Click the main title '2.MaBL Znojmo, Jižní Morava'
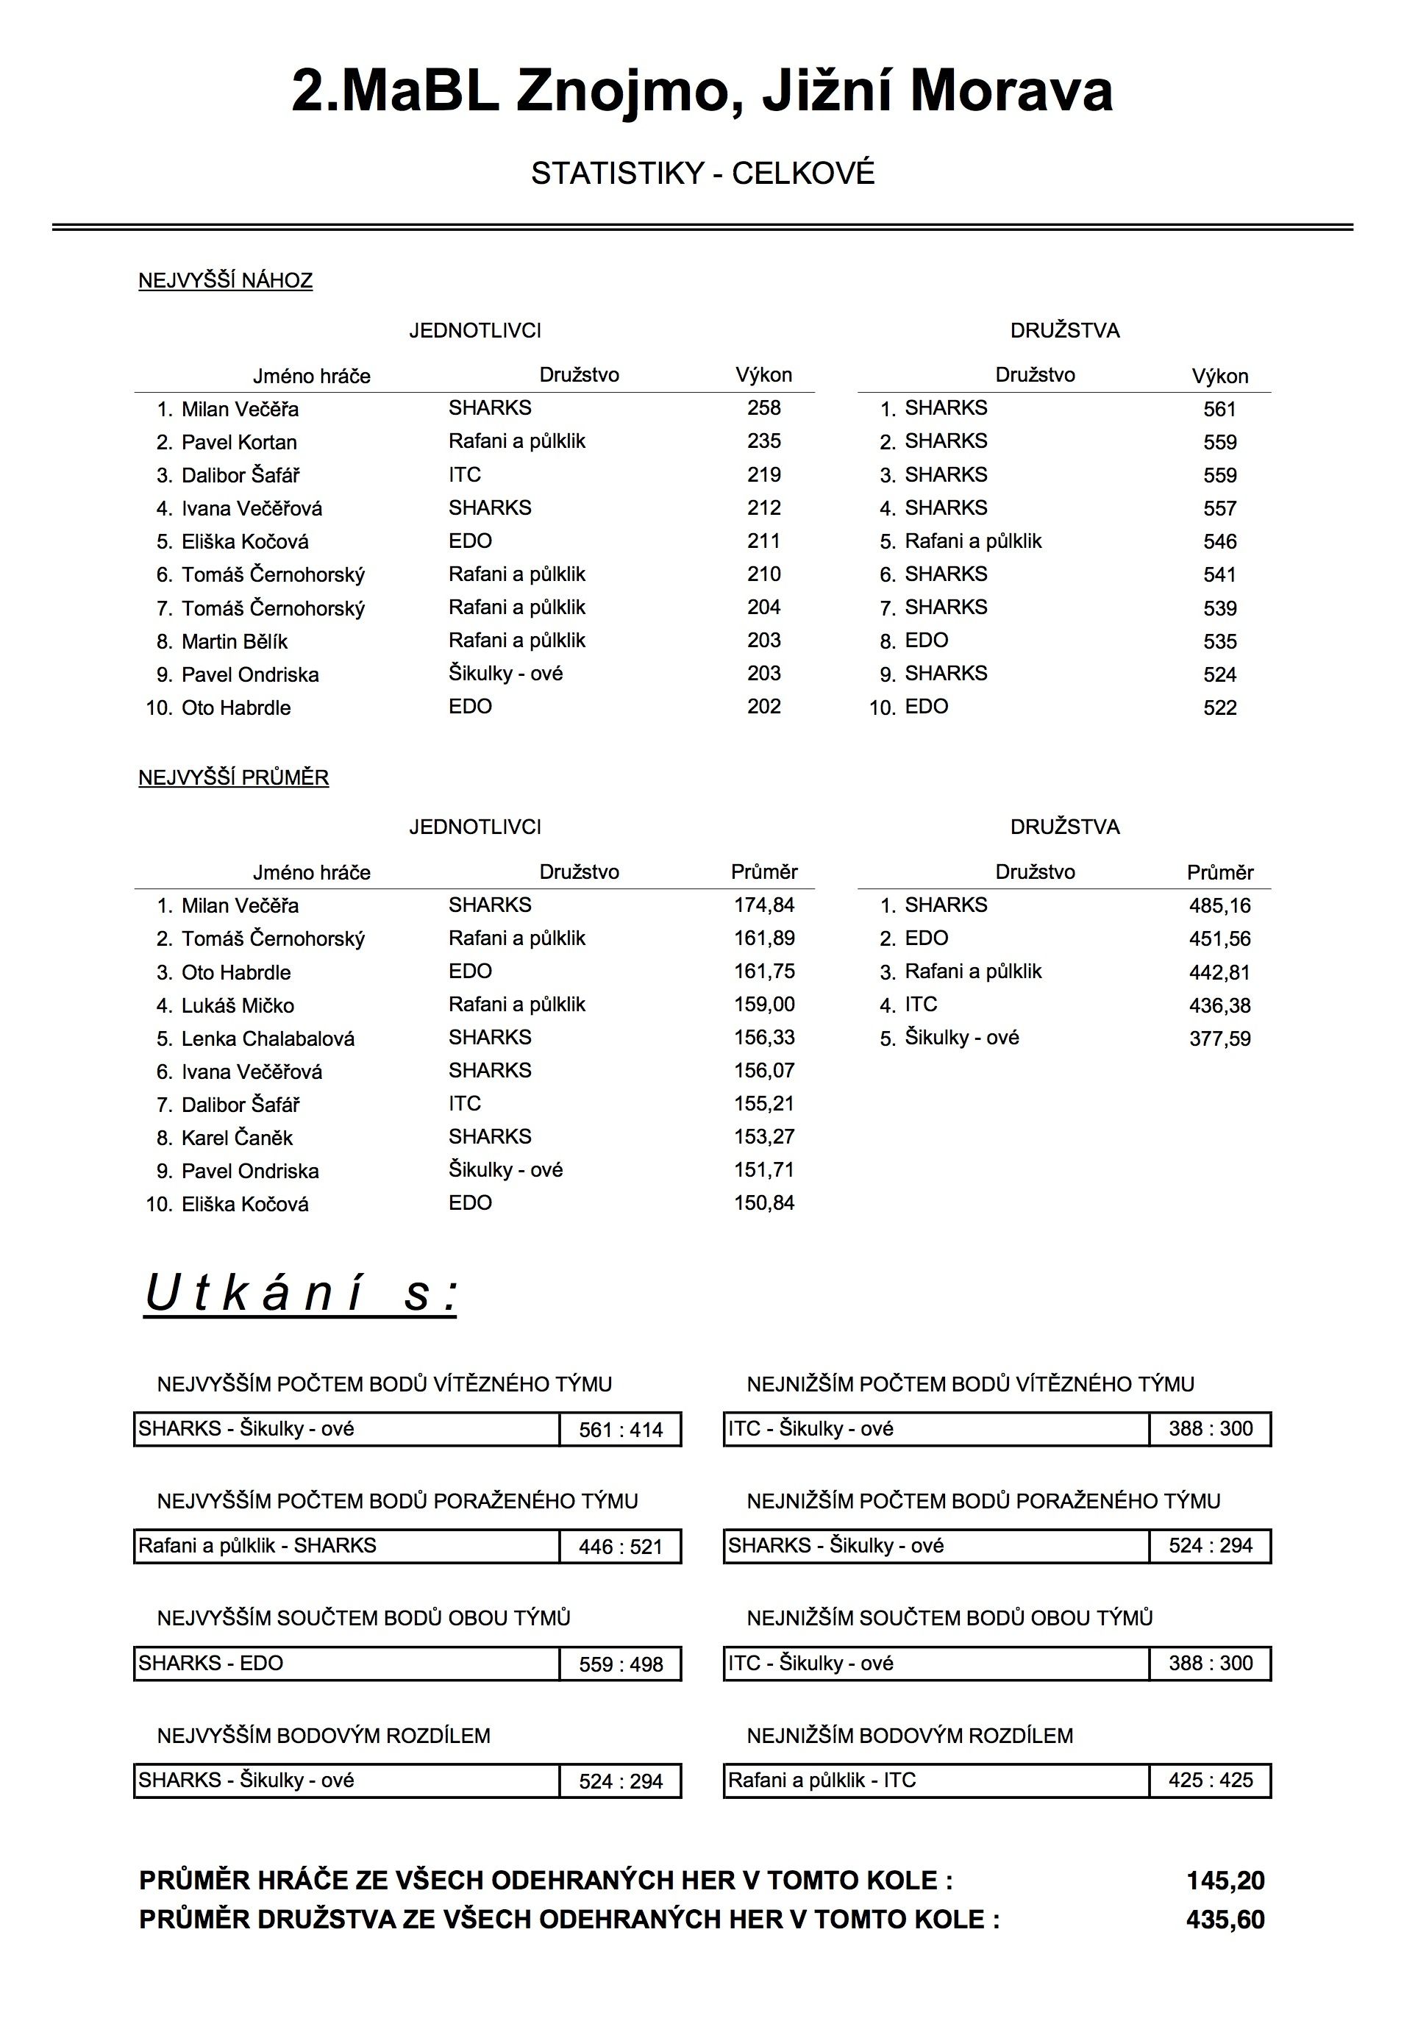(x=702, y=91)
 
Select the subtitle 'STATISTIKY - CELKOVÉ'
(x=702, y=174)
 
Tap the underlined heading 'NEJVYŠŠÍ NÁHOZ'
(x=225, y=282)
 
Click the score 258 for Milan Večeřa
(x=763, y=408)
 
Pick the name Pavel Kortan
(x=238, y=442)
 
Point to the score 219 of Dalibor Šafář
(x=763, y=475)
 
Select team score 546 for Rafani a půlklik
(x=1219, y=542)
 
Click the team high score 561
(x=1219, y=409)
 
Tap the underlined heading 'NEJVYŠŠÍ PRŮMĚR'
(x=233, y=778)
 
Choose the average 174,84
(x=763, y=905)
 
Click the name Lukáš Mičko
(x=238, y=1006)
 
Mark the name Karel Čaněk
(x=237, y=1138)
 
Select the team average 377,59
(x=1219, y=1038)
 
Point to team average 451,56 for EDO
(x=1219, y=939)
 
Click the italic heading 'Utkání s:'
(x=300, y=1294)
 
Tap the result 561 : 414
(x=620, y=1430)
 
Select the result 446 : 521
(x=620, y=1547)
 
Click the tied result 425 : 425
(x=1211, y=1780)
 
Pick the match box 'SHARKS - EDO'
(x=346, y=1663)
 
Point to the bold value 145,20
(x=1225, y=1881)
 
